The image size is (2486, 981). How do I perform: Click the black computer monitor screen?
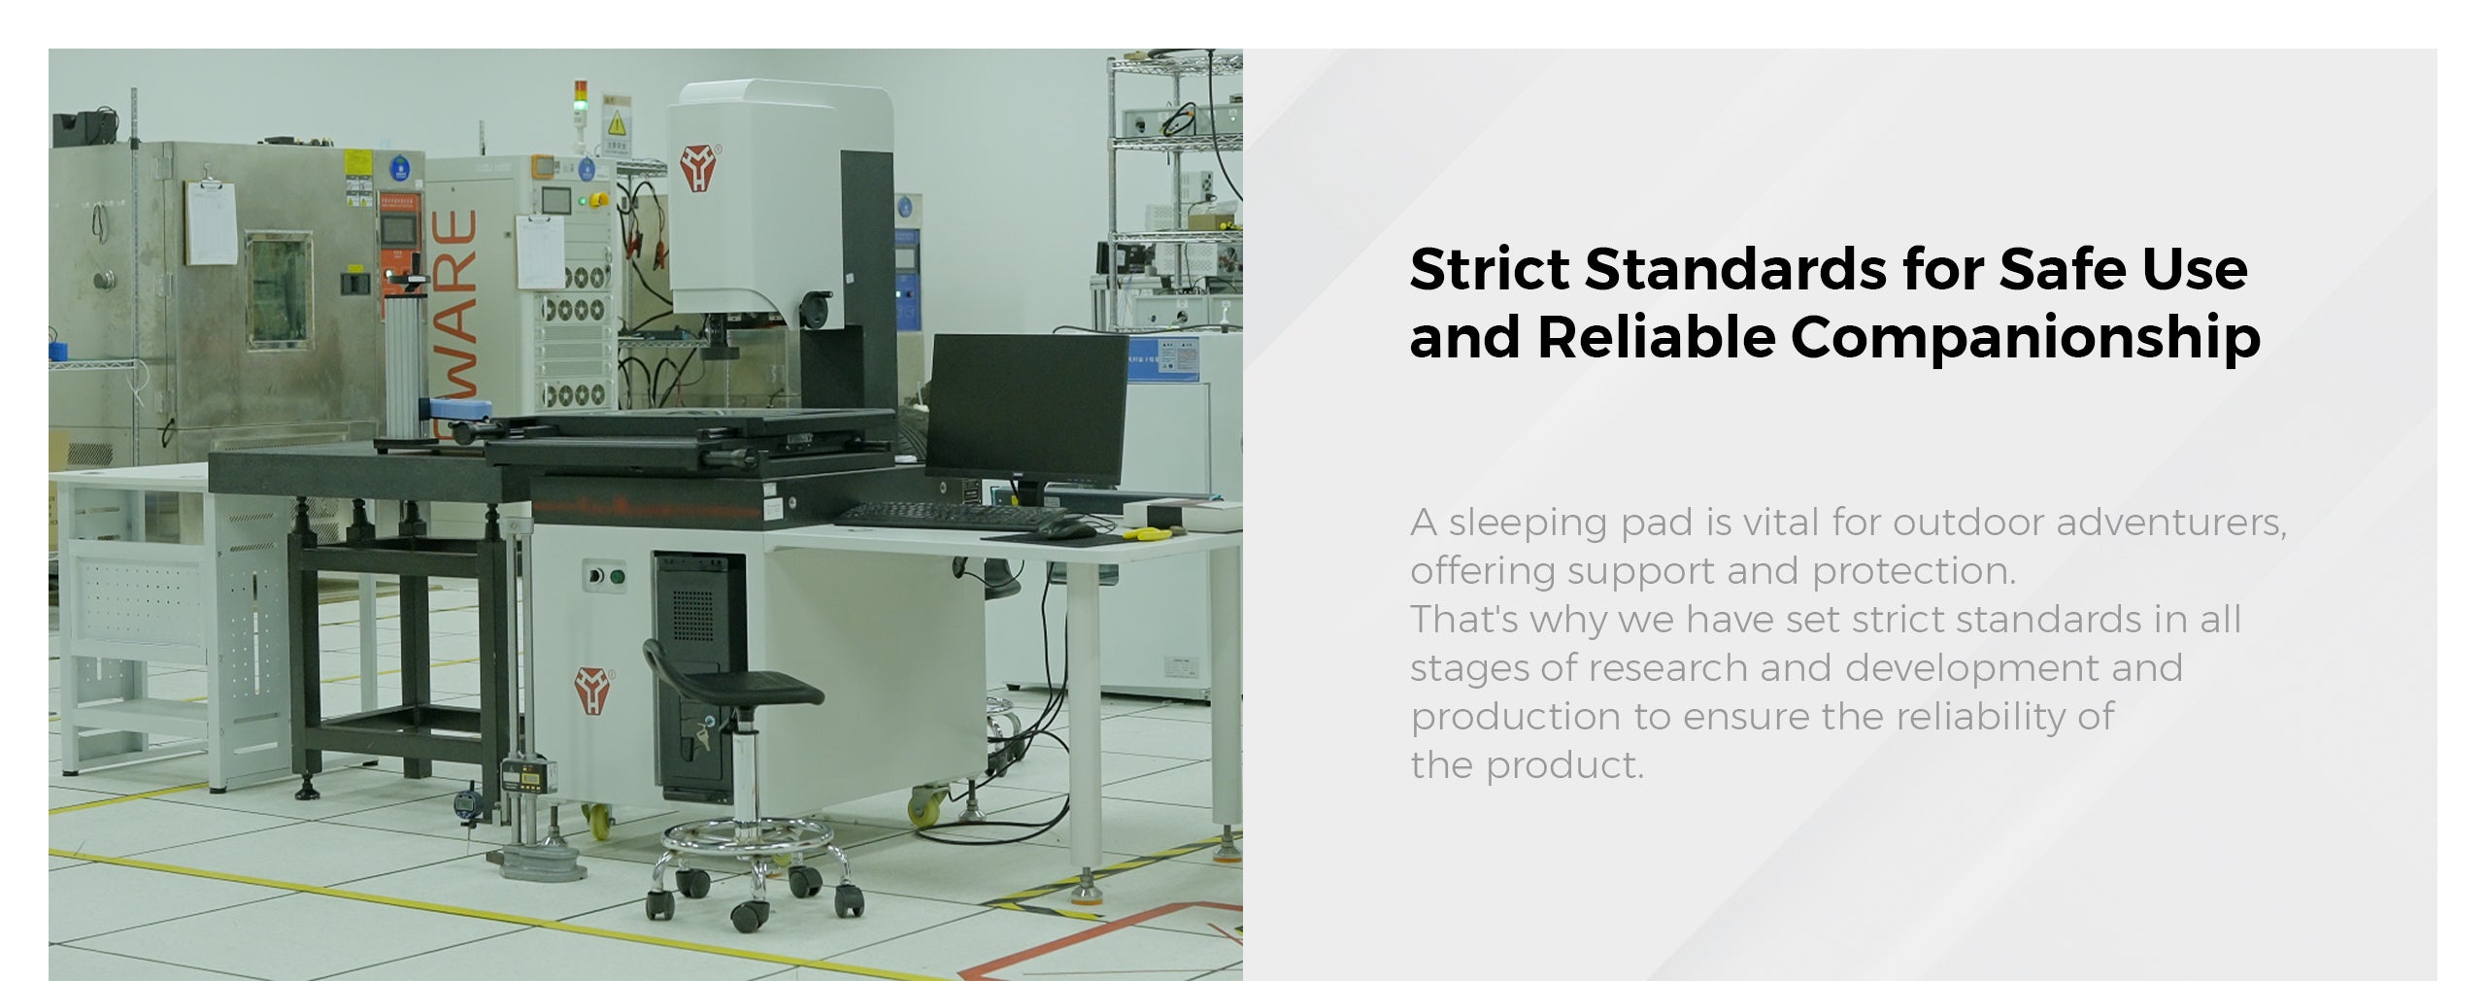coord(1026,410)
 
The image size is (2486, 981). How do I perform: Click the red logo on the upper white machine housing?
coord(698,167)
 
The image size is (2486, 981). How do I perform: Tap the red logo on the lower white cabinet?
coord(591,690)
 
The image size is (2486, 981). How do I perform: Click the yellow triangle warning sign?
coord(617,124)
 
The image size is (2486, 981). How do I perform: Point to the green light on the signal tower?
coord(581,104)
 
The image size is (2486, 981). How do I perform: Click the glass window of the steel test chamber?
coord(280,289)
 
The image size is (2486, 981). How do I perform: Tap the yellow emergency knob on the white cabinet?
coord(599,200)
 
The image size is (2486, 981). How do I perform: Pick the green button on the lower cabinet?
coord(618,576)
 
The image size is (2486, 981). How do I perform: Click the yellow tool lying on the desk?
coord(1152,532)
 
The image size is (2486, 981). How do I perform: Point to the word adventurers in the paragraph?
coord(2171,523)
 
